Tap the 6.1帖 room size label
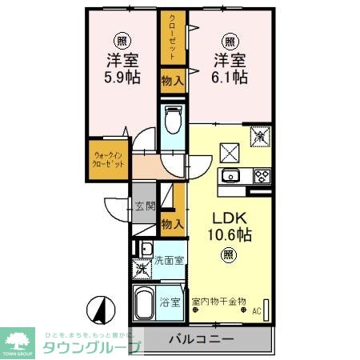tap(230, 77)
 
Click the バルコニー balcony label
tap(201, 340)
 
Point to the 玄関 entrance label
tap(144, 206)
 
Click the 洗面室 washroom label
tap(169, 260)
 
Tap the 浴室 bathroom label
tap(170, 302)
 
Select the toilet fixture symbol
tap(172, 121)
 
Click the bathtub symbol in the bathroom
tap(146, 304)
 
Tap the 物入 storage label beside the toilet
tap(172, 79)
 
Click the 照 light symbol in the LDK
tap(229, 256)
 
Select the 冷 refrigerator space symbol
tap(260, 137)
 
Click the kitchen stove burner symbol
tap(262, 176)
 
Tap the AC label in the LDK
tap(257, 311)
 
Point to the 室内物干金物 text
tap(219, 302)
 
